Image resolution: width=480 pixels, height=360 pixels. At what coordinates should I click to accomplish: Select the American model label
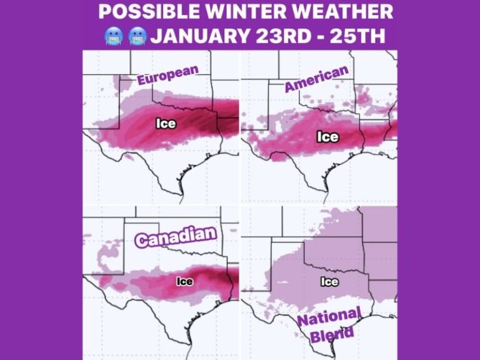[316, 79]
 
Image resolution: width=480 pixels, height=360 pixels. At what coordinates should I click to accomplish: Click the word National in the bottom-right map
[328, 317]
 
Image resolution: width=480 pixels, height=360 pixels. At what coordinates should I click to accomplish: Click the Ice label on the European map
[166, 123]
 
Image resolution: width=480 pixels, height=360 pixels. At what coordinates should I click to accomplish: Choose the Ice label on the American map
[327, 136]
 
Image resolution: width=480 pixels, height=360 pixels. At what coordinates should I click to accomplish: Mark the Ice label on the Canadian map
[184, 281]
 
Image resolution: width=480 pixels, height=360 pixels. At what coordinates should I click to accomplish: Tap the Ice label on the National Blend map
[329, 281]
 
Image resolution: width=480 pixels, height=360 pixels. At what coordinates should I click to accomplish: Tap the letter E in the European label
[142, 80]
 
